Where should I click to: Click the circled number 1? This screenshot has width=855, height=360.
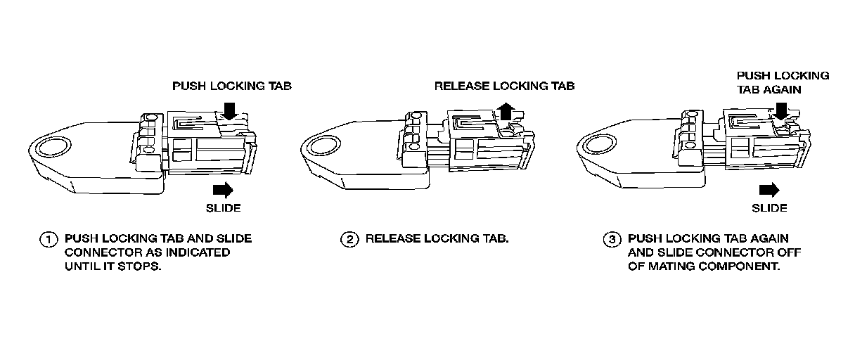pyautogui.click(x=48, y=239)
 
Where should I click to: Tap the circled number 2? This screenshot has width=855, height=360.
pyautogui.click(x=349, y=239)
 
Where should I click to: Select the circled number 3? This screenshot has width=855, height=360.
pyautogui.click(x=611, y=239)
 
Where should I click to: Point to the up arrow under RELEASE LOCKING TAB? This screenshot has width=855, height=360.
pyautogui.click(x=503, y=110)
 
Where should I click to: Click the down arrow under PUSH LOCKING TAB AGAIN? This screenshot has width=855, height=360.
pyautogui.click(x=780, y=109)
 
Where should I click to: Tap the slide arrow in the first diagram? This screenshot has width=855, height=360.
pyautogui.click(x=223, y=189)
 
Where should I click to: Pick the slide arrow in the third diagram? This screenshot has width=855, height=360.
pyautogui.click(x=769, y=189)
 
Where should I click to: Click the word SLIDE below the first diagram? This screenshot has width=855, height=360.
pyautogui.click(x=223, y=208)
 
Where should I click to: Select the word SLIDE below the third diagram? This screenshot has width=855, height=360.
pyautogui.click(x=769, y=208)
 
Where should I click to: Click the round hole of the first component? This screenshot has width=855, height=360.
pyautogui.click(x=51, y=148)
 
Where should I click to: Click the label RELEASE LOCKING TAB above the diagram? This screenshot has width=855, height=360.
pyautogui.click(x=504, y=86)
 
